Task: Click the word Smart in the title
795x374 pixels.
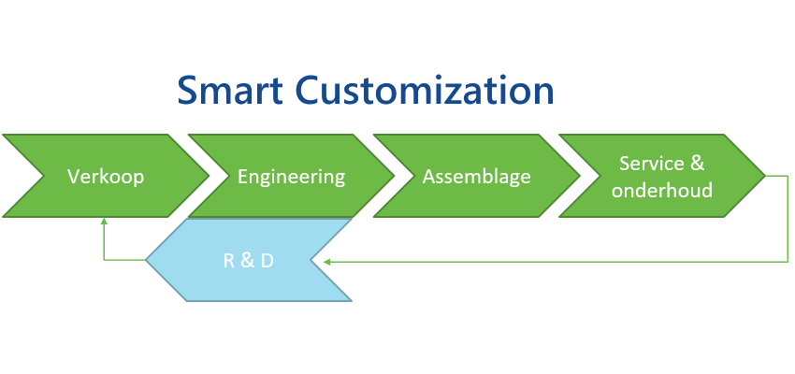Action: click(x=230, y=91)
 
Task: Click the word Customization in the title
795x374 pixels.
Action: click(x=425, y=91)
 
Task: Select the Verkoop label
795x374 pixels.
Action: click(x=106, y=177)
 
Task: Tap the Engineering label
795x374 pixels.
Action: click(x=292, y=178)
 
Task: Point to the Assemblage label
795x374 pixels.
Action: click(x=477, y=178)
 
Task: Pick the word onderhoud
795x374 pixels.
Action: click(x=662, y=190)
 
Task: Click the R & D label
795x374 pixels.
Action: click(x=249, y=261)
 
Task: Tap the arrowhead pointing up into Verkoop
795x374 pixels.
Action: click(x=104, y=221)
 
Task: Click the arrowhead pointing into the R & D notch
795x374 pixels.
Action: click(x=326, y=262)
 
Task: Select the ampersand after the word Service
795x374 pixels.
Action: click(x=697, y=164)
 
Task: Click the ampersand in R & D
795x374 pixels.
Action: click(x=248, y=261)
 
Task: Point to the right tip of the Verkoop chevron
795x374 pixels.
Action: click(x=209, y=176)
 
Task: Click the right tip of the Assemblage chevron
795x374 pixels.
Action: click(x=580, y=176)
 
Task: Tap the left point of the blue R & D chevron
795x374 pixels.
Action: click(x=146, y=260)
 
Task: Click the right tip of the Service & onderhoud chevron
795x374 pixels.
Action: click(x=765, y=176)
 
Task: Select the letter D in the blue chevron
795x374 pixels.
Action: click(x=267, y=261)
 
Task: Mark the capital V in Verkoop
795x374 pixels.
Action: click(x=74, y=177)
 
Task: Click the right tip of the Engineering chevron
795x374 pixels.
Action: click(x=395, y=176)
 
